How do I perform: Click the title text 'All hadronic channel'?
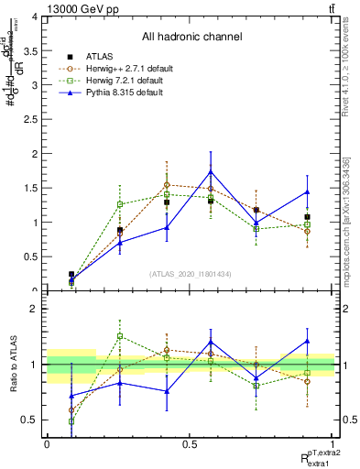(191, 37)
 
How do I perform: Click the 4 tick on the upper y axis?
(35, 17)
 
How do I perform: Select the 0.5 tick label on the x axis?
(190, 443)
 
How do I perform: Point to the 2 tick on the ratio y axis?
(35, 310)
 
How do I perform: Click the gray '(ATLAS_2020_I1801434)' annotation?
(191, 274)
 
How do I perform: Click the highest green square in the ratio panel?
(119, 336)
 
